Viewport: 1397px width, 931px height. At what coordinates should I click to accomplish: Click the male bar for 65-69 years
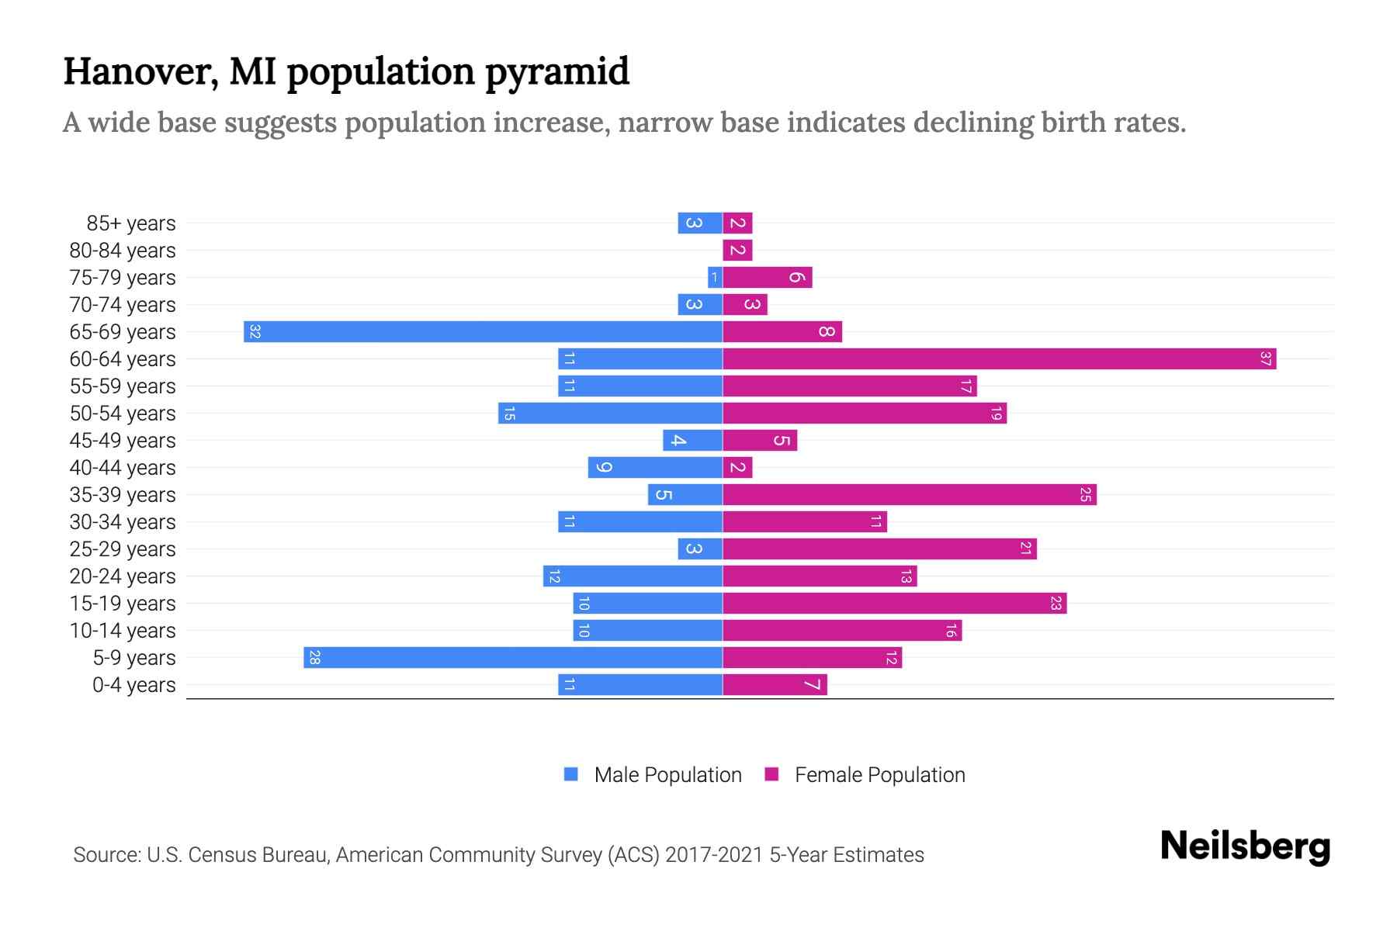coord(483,332)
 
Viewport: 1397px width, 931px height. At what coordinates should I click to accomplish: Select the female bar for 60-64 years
coord(999,359)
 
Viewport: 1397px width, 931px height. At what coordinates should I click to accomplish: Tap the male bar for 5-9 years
coord(513,658)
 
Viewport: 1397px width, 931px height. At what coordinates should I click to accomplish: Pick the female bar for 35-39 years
coord(909,495)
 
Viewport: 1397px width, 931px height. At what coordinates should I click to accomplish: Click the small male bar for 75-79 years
coord(715,278)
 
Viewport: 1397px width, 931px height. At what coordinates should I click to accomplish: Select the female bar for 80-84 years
coord(737,251)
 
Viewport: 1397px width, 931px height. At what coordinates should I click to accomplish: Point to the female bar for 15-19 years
coord(894,604)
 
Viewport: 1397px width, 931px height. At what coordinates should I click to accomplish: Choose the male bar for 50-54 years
coord(610,414)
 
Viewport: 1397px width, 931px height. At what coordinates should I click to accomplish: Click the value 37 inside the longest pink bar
coord(1265,359)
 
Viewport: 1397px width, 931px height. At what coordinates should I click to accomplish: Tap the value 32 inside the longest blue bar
coord(255,332)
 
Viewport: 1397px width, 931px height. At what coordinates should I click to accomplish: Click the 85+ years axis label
coord(130,223)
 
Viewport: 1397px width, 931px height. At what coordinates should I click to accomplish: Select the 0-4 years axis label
coord(133,685)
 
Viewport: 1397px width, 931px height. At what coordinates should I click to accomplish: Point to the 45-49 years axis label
coord(123,441)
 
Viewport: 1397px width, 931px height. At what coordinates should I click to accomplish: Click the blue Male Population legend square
coord(571,774)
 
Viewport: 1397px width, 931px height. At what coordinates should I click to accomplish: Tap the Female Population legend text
coord(879,775)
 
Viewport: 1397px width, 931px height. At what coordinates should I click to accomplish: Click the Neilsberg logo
coord(1245,846)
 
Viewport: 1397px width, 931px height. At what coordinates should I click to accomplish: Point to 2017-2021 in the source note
coord(713,855)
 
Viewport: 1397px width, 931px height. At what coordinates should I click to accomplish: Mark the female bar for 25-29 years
coord(879,549)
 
